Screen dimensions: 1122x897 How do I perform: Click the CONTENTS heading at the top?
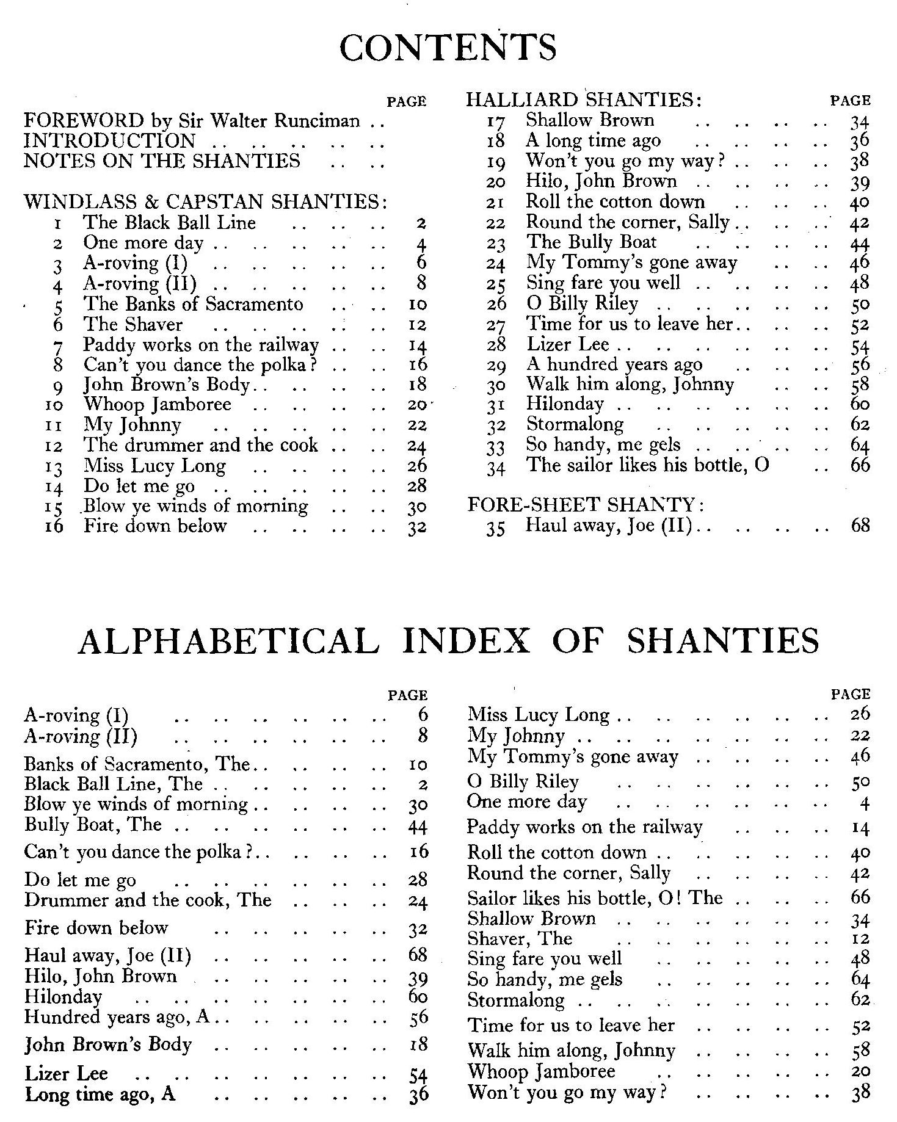click(x=448, y=48)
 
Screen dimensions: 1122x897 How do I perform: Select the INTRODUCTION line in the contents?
click(x=109, y=141)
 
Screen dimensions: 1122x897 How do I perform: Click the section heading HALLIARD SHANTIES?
click(x=583, y=100)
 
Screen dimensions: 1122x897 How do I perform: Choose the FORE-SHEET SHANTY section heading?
click(x=586, y=505)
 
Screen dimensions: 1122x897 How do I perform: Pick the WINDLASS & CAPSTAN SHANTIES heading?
click(x=206, y=201)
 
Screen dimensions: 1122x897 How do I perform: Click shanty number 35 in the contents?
click(x=496, y=527)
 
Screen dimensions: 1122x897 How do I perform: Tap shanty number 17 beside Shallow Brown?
click(x=496, y=121)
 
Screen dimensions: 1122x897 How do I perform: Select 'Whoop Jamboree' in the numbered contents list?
click(x=158, y=405)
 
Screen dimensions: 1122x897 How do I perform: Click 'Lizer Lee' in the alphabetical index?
click(x=66, y=1073)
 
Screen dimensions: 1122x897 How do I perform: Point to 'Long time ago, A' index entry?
click(x=100, y=1094)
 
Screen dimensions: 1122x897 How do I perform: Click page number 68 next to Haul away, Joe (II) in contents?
click(x=860, y=526)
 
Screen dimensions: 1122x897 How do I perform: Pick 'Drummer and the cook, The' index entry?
click(x=148, y=900)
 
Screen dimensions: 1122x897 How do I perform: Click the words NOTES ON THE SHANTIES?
click(x=162, y=161)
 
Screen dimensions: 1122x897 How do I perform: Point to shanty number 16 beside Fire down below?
click(x=54, y=527)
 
